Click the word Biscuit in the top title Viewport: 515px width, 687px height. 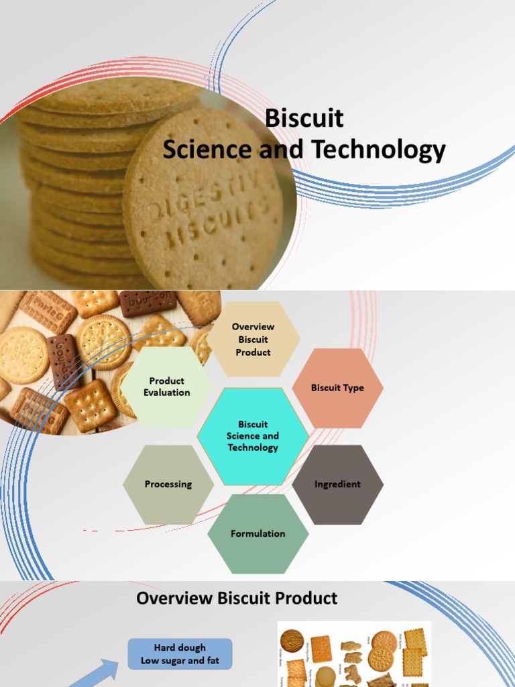click(x=304, y=119)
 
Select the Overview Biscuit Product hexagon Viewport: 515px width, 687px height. click(x=253, y=339)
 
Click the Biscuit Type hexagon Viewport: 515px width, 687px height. click(x=337, y=388)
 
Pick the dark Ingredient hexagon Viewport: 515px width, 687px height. click(x=337, y=484)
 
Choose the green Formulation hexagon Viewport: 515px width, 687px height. click(x=258, y=534)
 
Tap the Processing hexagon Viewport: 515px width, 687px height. click(x=168, y=484)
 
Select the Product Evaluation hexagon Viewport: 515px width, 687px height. click(x=167, y=387)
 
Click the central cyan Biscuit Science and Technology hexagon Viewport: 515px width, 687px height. click(x=253, y=436)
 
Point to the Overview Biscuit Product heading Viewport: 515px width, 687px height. click(x=237, y=598)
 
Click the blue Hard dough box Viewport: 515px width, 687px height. click(x=180, y=654)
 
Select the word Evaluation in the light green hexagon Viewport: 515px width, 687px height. click(x=167, y=393)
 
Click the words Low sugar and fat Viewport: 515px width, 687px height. click(x=180, y=661)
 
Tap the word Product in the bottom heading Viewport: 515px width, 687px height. click(x=298, y=598)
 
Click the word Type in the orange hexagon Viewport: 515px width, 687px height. click(x=353, y=388)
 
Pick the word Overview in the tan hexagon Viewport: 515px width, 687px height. click(x=253, y=327)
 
